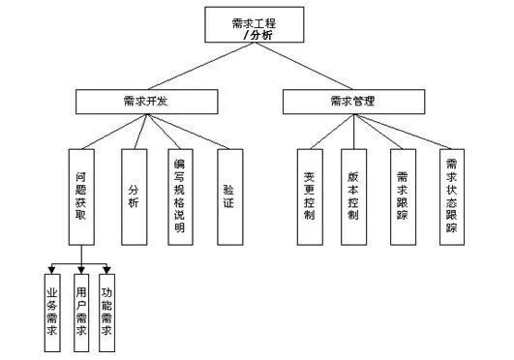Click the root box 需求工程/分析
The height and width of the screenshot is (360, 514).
256,25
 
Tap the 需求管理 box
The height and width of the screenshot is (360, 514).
352,101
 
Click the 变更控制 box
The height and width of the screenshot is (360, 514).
308,195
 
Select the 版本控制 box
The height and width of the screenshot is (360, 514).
352,195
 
